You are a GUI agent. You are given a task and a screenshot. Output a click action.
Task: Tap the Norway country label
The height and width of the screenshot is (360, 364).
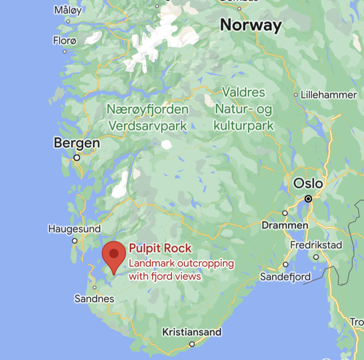point(251,26)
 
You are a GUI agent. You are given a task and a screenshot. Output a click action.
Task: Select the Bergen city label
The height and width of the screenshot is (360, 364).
point(77,143)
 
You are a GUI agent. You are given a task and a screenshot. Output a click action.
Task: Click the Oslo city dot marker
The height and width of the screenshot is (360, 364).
point(309,199)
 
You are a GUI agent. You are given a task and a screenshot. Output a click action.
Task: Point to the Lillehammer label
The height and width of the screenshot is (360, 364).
point(329,95)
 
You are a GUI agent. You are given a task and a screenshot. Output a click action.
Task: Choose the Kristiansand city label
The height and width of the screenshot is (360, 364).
point(192,332)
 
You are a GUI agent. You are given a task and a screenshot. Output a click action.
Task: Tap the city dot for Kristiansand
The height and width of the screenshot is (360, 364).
point(192,344)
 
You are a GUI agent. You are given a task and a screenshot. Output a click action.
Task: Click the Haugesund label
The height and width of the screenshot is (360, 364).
point(74,229)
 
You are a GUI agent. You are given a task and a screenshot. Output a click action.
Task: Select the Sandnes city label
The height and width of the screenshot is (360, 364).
point(94,299)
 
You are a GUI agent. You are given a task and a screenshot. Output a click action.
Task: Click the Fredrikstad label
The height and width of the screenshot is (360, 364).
point(316,245)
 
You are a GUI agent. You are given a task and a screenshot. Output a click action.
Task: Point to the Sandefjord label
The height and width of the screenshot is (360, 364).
point(285,276)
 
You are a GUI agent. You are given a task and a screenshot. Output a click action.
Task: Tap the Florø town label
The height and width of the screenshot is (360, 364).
point(65,41)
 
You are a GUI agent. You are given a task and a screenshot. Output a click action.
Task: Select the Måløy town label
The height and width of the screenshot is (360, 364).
point(68,10)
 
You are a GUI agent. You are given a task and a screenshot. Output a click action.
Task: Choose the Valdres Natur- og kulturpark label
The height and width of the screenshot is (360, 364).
point(244,109)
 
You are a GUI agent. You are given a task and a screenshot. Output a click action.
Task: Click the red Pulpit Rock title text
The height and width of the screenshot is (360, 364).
point(160,248)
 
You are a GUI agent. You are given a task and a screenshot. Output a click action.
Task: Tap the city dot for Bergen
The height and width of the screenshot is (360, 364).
point(76,157)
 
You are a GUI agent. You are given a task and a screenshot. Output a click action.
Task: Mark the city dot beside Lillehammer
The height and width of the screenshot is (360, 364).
point(296,95)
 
